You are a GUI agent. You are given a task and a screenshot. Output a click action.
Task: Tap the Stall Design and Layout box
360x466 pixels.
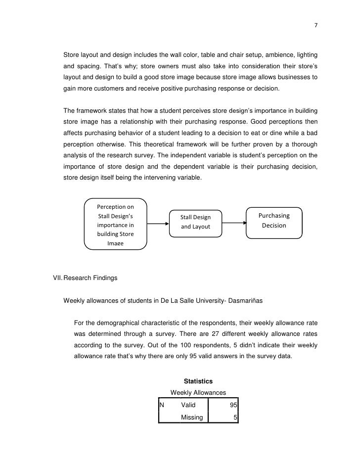195,222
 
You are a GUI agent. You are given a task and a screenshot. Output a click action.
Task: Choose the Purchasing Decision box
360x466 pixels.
274,221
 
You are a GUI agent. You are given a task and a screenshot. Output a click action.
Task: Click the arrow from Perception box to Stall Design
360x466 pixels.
158,223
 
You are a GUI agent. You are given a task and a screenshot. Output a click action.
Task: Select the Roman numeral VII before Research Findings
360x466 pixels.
58,279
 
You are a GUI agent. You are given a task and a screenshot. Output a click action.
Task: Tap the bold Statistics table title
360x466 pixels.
198,381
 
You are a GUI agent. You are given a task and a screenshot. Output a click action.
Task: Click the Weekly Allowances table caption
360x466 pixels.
198,393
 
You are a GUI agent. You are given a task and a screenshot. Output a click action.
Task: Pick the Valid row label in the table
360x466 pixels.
188,405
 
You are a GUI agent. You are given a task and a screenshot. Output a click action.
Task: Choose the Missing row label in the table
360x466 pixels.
192,418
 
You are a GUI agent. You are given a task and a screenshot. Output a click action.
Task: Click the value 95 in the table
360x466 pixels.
234,405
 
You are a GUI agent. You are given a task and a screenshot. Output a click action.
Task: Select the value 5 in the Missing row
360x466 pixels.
236,418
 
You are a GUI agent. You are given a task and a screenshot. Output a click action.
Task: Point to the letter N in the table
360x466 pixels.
162,405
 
